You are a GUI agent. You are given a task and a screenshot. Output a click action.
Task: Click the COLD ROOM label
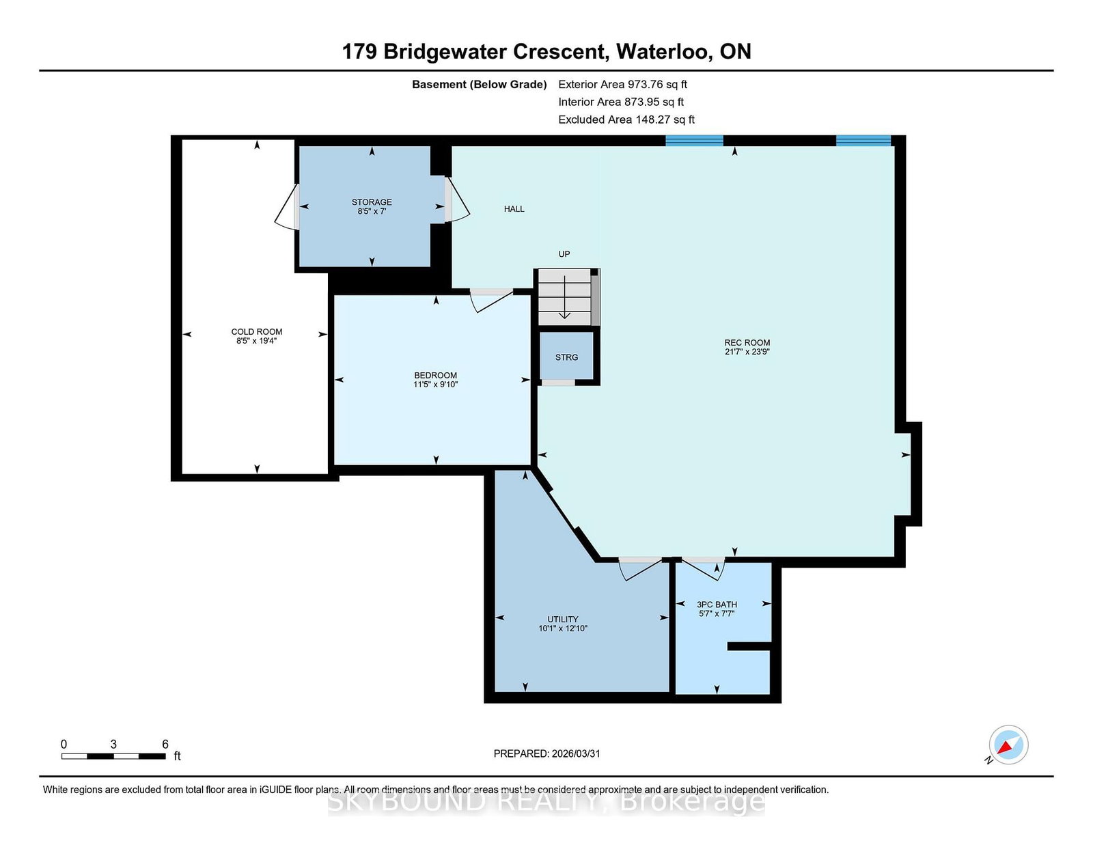click(257, 331)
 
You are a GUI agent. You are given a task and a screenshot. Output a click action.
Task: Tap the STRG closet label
click(566, 357)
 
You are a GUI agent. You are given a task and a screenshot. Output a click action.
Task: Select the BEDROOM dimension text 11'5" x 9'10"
click(436, 385)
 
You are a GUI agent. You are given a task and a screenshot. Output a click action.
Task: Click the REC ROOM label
click(747, 342)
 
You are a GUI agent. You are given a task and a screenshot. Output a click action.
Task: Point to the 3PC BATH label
click(717, 605)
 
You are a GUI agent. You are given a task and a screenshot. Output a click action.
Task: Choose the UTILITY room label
click(563, 619)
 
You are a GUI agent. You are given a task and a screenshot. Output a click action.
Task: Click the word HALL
click(514, 209)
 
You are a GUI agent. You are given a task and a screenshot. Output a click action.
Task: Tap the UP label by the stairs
click(564, 254)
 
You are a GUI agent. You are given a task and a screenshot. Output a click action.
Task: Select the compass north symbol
click(1008, 745)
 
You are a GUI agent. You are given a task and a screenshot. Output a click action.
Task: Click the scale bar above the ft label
click(113, 756)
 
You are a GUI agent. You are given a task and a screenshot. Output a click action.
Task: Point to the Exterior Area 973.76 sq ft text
click(623, 85)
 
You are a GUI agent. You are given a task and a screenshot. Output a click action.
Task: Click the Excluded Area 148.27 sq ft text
click(626, 120)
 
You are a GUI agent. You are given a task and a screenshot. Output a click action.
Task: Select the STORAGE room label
click(372, 202)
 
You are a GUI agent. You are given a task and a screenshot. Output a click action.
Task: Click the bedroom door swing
click(491, 301)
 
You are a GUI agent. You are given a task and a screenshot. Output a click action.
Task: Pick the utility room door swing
click(640, 569)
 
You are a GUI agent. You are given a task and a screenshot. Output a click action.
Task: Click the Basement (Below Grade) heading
click(480, 85)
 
